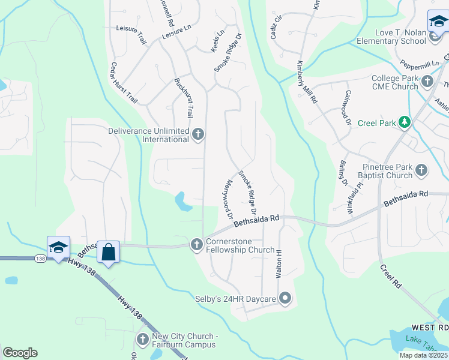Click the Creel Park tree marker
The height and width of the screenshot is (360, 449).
click(405, 123)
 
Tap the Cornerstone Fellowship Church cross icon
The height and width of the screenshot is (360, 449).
click(196, 244)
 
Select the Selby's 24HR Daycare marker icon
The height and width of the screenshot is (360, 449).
click(285, 298)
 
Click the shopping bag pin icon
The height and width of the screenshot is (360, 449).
click(109, 251)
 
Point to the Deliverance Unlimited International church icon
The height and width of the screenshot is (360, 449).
click(199, 135)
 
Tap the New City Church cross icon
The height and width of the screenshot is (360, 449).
click(143, 340)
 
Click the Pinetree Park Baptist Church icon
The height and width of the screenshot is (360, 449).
click(421, 170)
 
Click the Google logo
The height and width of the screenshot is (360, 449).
click(20, 353)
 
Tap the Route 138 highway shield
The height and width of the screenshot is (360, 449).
click(40, 257)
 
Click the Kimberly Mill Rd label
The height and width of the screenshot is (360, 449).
click(306, 83)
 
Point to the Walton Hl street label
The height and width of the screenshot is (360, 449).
click(279, 264)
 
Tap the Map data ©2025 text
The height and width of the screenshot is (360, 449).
click(423, 355)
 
